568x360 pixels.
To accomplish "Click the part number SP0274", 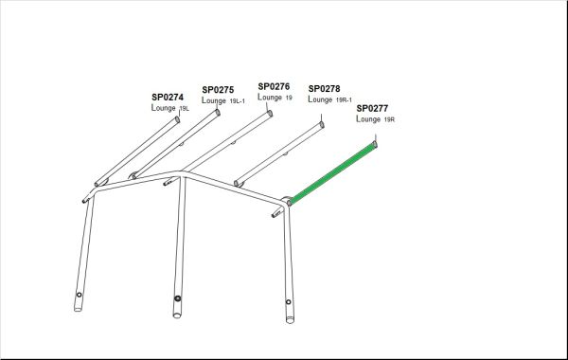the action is click(168, 98).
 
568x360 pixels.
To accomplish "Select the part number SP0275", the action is click(218, 90).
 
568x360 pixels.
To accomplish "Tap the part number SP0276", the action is click(274, 86).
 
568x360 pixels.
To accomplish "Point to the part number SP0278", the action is click(324, 89).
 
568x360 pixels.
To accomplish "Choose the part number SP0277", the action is click(372, 108).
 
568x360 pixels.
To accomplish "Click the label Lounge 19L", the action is click(170, 108).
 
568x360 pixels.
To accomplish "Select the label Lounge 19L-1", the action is click(223, 100).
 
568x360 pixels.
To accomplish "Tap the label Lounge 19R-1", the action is click(330, 99).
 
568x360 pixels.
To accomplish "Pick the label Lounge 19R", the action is click(375, 119).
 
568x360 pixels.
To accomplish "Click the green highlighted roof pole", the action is click(332, 172).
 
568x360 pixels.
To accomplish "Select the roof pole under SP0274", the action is click(137, 152).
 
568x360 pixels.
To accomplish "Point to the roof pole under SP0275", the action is click(176, 144).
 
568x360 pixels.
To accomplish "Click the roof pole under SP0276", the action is click(218, 148).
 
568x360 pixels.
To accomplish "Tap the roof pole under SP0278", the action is click(279, 154).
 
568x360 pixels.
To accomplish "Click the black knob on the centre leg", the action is click(178, 298).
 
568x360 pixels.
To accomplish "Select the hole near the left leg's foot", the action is click(80, 295).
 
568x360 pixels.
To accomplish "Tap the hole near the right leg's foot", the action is click(289, 302).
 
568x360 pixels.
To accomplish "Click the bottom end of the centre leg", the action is click(177, 315).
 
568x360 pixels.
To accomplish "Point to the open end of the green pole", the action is click(375, 145).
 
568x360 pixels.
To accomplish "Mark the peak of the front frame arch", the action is click(180, 174).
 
